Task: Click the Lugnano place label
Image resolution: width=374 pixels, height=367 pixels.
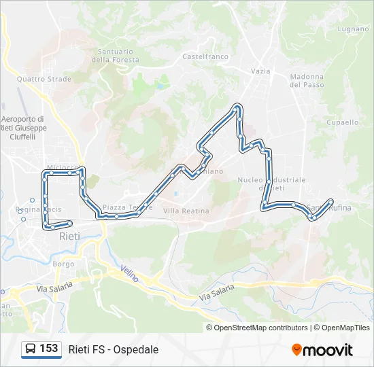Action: [353, 29]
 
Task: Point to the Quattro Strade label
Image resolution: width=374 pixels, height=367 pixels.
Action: [44, 79]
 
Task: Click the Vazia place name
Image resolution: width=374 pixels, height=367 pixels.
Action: [260, 71]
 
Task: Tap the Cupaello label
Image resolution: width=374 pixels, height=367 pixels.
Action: [342, 122]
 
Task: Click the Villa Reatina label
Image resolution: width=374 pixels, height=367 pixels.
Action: [186, 211]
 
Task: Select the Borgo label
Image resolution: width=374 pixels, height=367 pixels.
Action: [63, 263]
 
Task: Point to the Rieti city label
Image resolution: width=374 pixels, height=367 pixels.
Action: [69, 237]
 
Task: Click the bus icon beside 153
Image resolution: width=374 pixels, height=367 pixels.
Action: [30, 349]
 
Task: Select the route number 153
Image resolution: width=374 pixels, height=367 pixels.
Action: [48, 349]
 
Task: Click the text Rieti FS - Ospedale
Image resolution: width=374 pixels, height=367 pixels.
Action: [113, 349]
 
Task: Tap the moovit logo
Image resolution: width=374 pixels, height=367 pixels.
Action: [322, 349]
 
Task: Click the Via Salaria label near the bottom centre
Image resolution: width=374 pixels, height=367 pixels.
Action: [217, 294]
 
